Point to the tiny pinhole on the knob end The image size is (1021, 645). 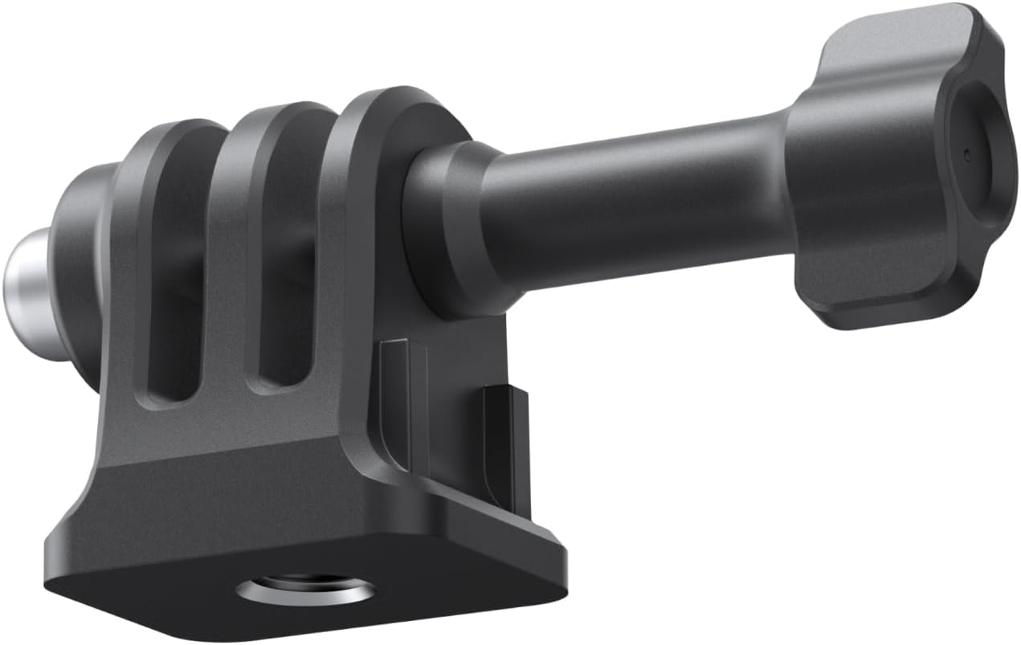pyautogui.click(x=966, y=153)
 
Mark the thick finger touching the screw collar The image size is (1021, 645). pyautogui.click(x=361, y=241)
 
